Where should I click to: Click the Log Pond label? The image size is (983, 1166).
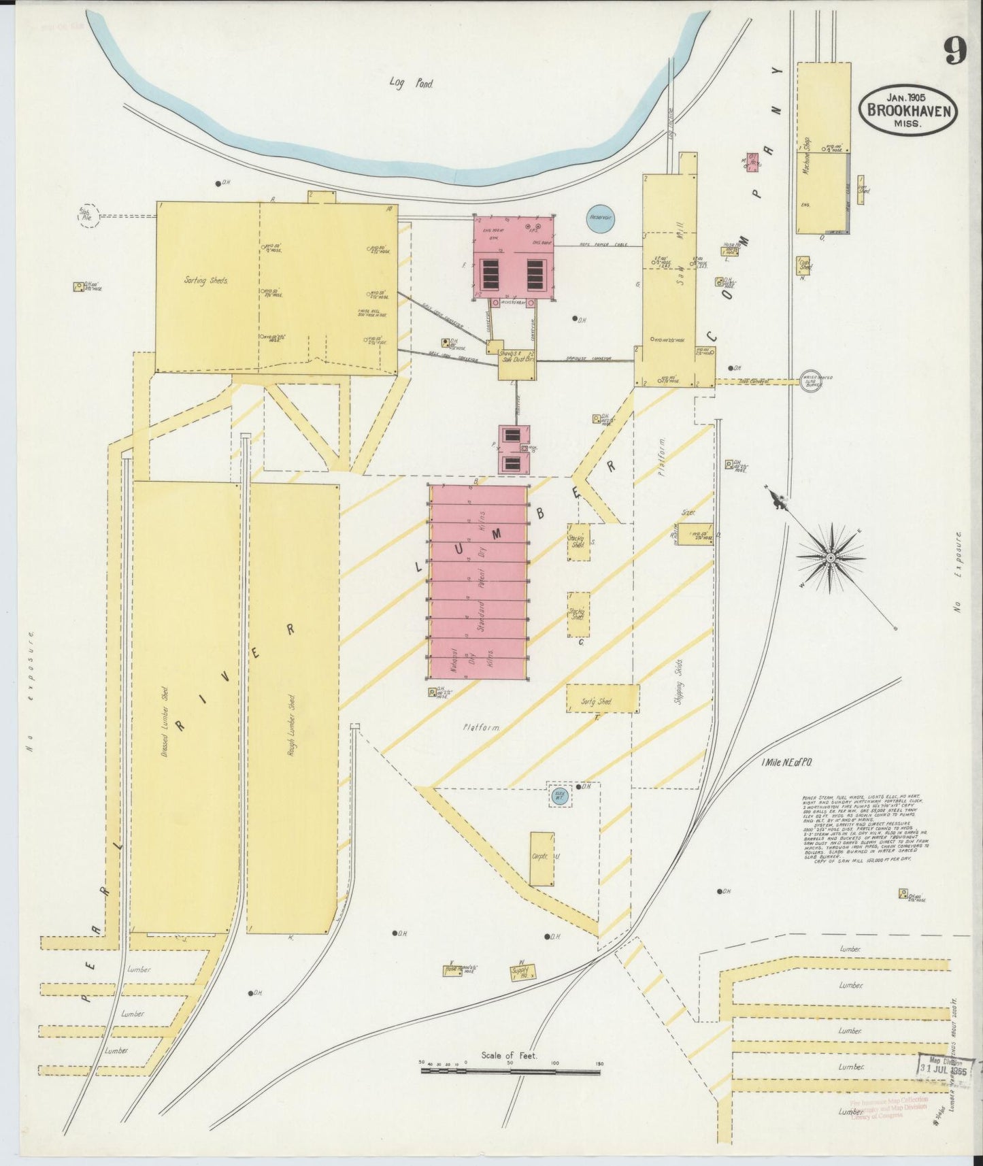pos(411,83)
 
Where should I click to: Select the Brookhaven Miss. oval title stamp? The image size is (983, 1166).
pos(907,111)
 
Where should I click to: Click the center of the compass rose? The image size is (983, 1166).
pos(830,558)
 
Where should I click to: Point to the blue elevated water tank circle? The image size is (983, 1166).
pos(559,797)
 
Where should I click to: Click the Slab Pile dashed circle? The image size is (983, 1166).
pos(89,216)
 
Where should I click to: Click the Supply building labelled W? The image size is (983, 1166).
pos(521,971)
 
